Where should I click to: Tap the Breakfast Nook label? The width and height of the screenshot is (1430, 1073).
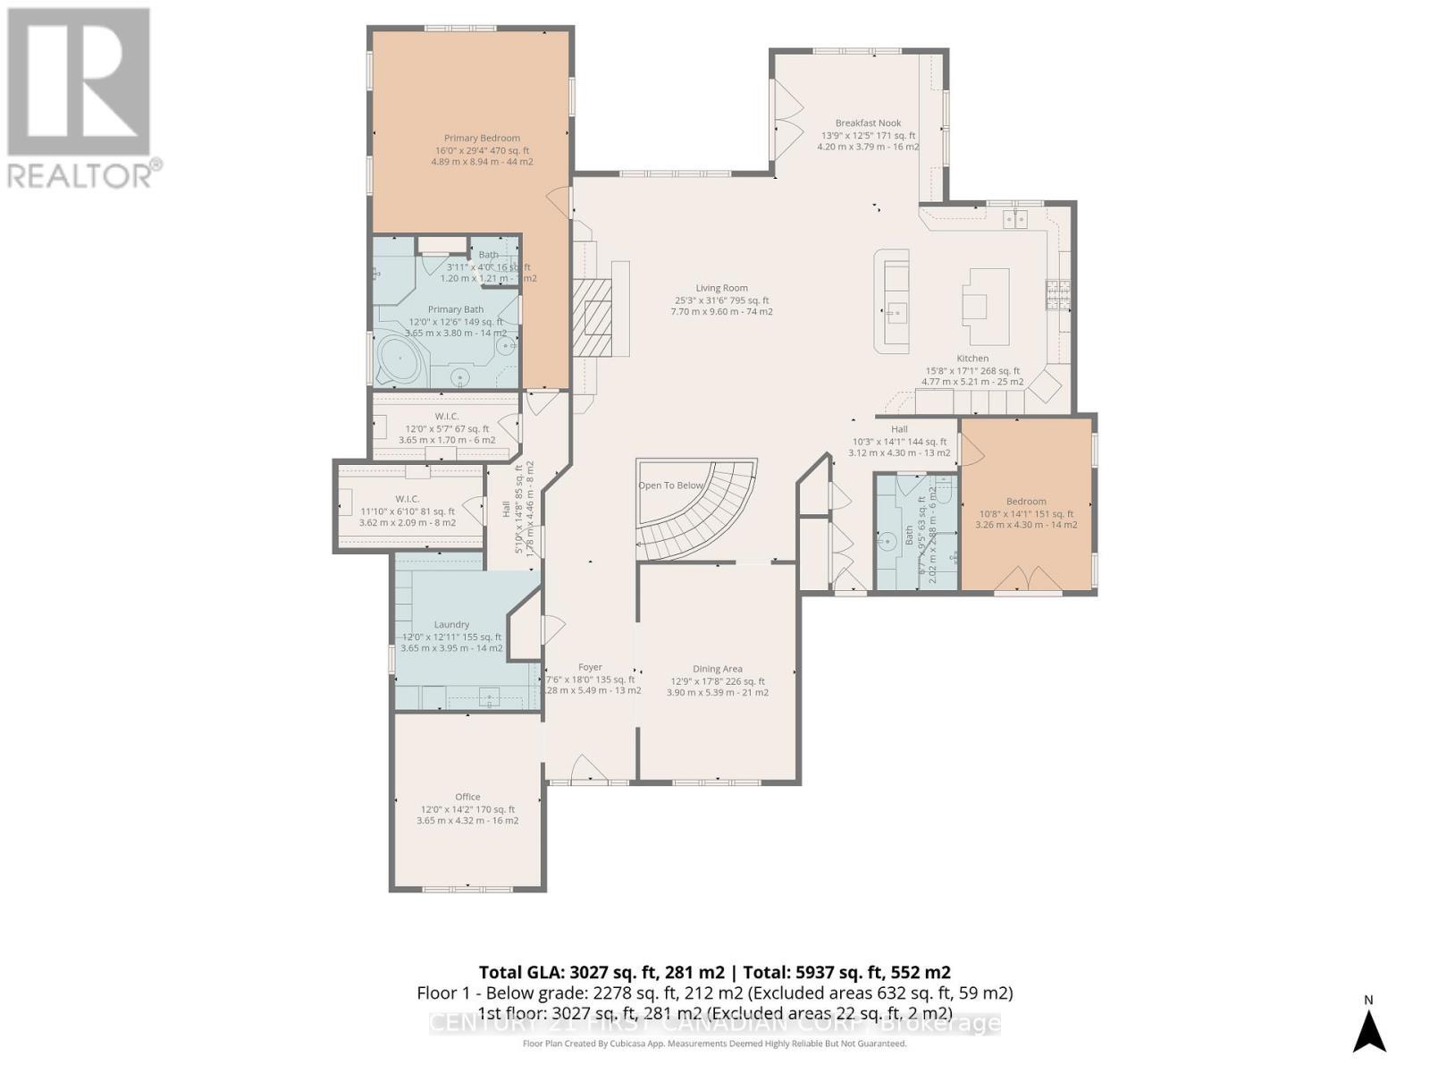868,123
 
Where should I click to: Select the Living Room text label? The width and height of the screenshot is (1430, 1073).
721,288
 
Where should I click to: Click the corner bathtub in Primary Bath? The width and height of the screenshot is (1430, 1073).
400,363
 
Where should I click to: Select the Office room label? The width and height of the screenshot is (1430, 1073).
467,797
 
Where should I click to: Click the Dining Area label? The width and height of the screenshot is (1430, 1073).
717,669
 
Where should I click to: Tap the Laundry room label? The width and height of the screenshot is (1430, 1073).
451,624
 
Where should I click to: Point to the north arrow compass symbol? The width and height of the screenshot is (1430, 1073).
1368,1027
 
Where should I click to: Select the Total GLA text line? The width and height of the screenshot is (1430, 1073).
714,972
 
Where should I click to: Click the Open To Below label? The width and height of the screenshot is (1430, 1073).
670,486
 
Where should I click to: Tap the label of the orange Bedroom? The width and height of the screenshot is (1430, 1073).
1025,502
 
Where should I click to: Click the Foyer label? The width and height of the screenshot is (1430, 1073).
590,667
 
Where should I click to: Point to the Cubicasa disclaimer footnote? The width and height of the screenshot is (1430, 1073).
714,1043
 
